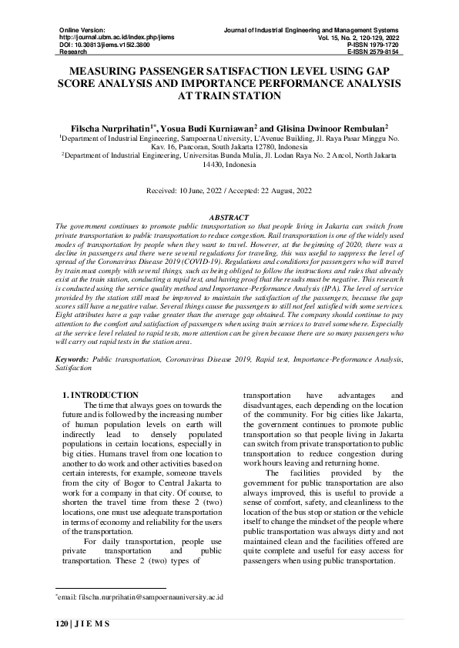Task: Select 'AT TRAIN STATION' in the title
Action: tap(229, 96)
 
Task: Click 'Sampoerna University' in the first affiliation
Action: tap(197, 138)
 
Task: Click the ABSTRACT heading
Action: tap(229, 218)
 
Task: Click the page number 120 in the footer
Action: tap(64, 623)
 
